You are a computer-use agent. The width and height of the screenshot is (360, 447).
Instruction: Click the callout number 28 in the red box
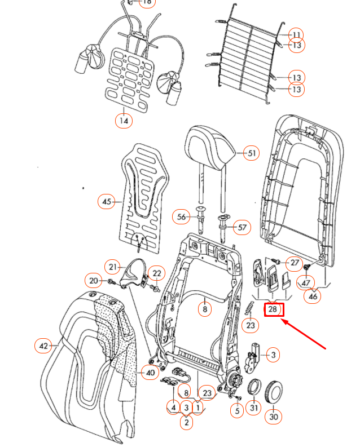point(273,309)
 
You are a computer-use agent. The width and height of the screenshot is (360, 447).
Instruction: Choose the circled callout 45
point(106,201)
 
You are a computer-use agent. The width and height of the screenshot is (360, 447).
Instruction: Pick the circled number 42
point(43,346)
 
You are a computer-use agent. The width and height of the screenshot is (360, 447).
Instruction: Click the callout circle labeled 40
point(150,372)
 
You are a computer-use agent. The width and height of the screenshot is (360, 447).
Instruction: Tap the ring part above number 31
point(254,388)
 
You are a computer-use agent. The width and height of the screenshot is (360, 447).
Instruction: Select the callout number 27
point(295,263)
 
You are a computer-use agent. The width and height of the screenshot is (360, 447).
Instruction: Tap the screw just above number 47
point(308,267)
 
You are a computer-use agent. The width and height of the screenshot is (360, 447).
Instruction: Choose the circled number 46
point(311,295)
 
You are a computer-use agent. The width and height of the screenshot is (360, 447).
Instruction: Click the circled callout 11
point(296,34)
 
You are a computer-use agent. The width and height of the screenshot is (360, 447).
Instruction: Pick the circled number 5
point(236,411)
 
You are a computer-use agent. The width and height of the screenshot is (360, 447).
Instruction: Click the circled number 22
point(157,273)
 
